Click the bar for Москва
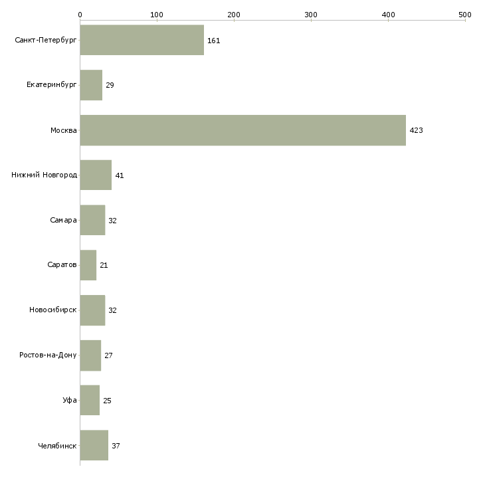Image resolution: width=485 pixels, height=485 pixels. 242,130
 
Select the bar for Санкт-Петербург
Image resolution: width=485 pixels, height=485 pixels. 142,41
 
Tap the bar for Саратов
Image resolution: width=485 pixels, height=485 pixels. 88,265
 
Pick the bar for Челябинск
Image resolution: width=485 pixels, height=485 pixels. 94,445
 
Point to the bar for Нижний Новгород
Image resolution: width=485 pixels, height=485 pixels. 96,175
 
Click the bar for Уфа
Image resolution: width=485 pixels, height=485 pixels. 90,401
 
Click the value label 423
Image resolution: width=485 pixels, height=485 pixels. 416,130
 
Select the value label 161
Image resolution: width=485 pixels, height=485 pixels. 213,41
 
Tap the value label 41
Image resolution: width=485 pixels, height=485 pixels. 120,175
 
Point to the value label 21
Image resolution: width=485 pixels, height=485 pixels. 104,265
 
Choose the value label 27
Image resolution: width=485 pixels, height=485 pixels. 108,355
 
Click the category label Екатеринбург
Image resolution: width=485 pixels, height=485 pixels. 52,86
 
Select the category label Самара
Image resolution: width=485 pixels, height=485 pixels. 63,221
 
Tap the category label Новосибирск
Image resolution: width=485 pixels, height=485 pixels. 52,310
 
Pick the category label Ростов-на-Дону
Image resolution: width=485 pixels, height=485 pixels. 48,355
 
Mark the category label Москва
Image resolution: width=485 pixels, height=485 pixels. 64,130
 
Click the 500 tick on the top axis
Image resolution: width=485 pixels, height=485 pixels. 465,14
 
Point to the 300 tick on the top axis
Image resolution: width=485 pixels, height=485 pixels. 311,14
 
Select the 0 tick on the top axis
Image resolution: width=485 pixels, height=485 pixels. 80,14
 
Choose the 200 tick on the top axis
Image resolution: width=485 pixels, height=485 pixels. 234,14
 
